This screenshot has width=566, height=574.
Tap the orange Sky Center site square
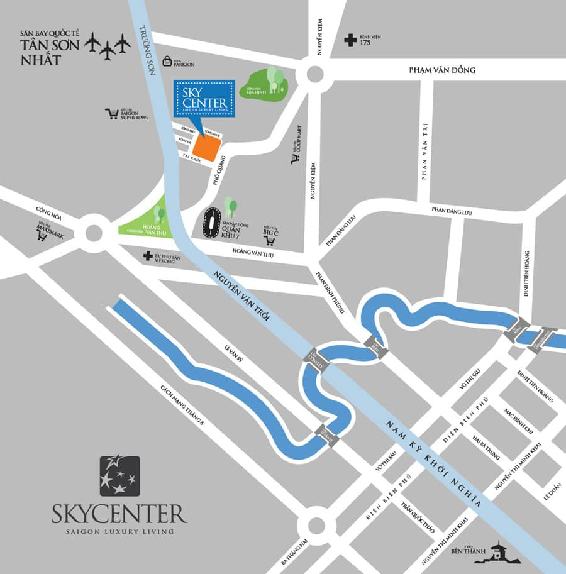pos(206,148)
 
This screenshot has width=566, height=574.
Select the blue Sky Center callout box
pos(204,99)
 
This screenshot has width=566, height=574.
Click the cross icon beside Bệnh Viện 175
pos(350,41)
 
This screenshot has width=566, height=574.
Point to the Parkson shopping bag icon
pos(167,61)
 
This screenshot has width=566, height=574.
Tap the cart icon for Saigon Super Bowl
pos(113,114)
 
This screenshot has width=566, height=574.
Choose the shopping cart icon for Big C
pos(270,240)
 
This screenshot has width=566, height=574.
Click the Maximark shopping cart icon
pos(43,236)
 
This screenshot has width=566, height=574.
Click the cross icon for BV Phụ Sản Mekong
pos(147,257)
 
